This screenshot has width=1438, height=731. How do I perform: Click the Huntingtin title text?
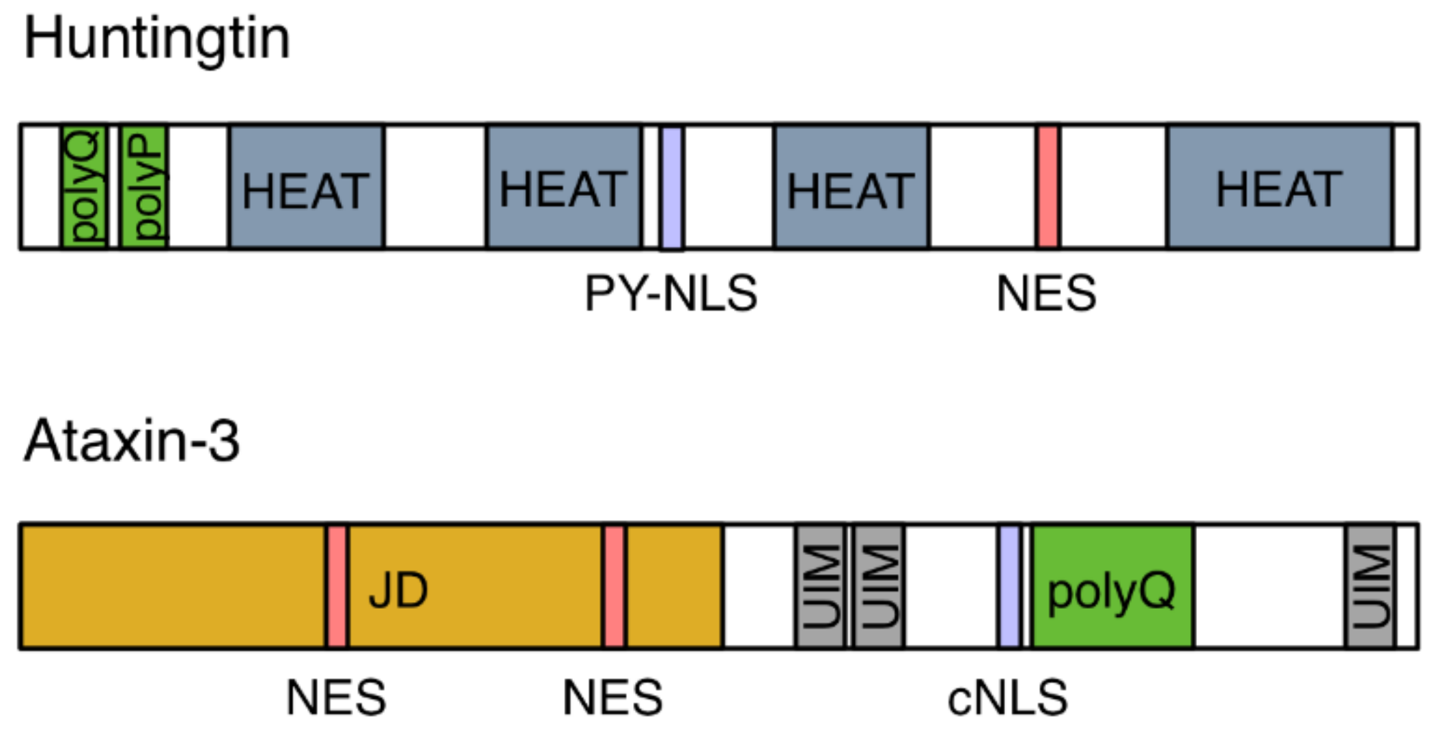(157, 40)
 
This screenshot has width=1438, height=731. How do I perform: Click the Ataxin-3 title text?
(131, 441)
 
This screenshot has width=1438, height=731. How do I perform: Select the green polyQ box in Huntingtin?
(84, 186)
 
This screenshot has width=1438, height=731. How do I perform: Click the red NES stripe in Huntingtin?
(1048, 186)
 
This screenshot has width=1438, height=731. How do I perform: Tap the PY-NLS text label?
(671, 293)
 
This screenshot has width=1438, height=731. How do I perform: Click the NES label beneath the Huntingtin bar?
(1046, 293)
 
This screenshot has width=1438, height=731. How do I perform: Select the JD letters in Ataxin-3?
(398, 590)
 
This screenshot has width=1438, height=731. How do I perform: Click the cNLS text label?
(1007, 698)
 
